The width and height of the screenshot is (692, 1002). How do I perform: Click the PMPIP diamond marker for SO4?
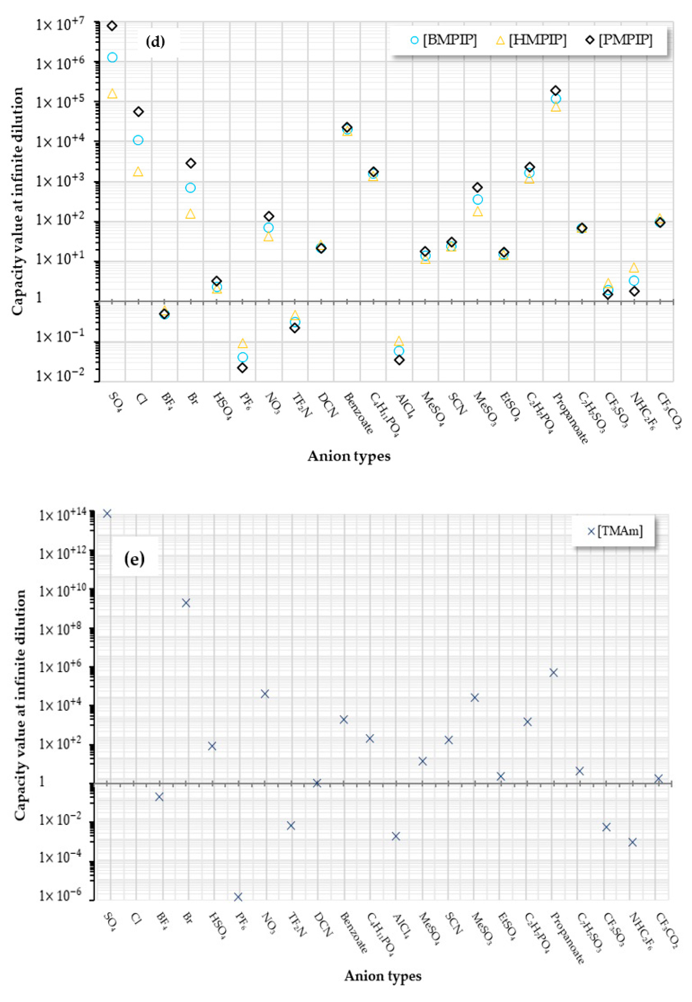(112, 26)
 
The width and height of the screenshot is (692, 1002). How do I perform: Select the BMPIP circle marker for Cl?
(138, 140)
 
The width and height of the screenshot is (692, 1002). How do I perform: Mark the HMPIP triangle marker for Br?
(190, 214)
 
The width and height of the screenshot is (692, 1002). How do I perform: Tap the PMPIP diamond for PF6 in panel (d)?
(243, 368)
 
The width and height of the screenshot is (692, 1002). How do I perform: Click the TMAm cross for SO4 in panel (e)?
(107, 514)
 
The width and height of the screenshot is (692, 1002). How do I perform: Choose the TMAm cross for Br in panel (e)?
(186, 603)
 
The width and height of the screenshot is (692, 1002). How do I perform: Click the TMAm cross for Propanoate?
(554, 673)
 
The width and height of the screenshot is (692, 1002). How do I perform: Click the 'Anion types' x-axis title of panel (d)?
(349, 456)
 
